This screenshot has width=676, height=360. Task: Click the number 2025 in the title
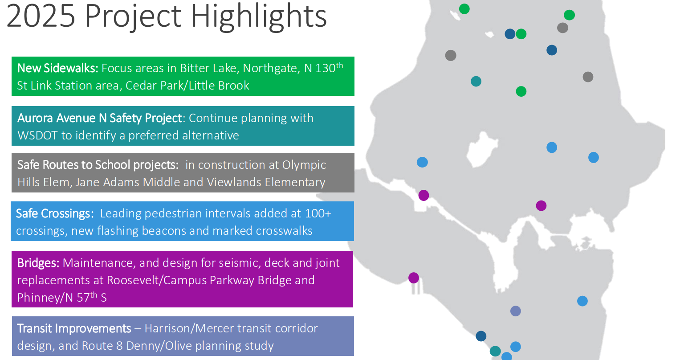tap(41, 16)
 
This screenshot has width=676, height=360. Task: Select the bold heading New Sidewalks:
tap(57, 68)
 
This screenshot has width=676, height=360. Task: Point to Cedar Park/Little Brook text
tap(187, 86)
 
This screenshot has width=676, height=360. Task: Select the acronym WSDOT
tap(37, 135)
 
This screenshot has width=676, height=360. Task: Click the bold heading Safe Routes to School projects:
tap(98, 165)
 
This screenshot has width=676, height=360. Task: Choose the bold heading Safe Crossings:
tap(55, 213)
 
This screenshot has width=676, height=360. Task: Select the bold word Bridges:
tap(38, 263)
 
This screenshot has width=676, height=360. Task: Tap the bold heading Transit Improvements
tap(74, 328)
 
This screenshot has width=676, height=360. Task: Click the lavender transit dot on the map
tap(515, 311)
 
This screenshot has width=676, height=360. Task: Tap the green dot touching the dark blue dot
tap(521, 34)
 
